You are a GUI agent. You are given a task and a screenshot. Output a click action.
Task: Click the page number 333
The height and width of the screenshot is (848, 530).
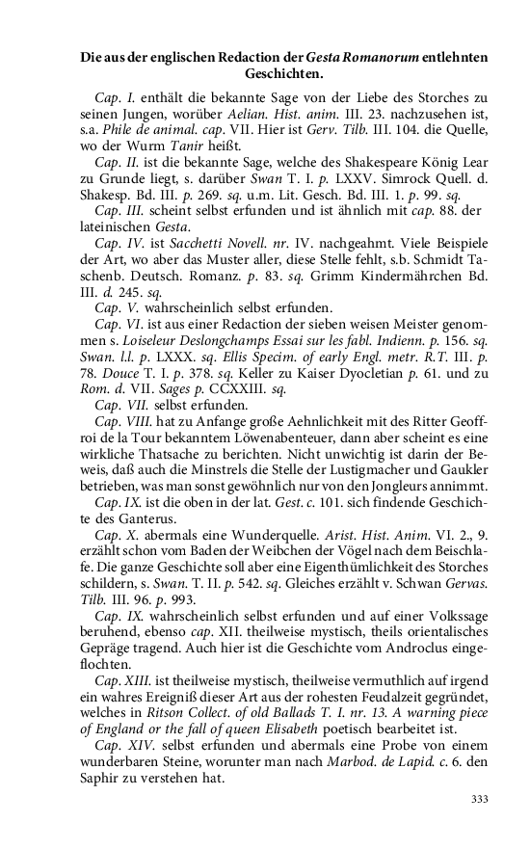point(479,798)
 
